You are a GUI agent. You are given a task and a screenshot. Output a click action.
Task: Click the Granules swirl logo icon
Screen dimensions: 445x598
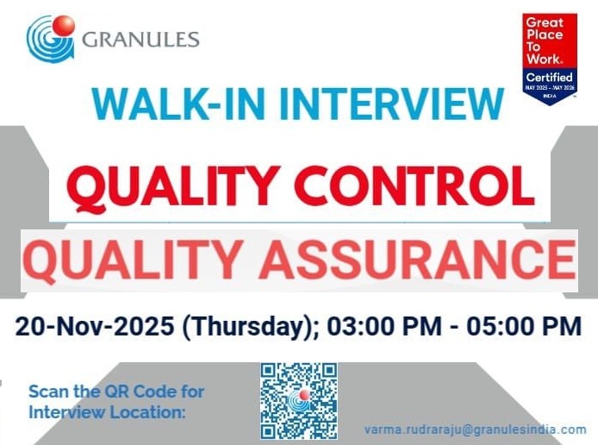tap(50, 37)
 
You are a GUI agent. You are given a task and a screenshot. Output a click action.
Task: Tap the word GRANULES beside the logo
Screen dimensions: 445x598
tap(141, 39)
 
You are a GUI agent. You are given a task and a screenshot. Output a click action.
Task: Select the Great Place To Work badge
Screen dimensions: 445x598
tap(550, 57)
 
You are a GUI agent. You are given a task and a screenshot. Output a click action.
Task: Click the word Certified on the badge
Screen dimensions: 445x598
tap(550, 78)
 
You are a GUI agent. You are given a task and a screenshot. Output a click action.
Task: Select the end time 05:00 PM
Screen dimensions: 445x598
tap(524, 327)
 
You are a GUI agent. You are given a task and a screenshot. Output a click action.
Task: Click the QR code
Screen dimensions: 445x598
tap(299, 400)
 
